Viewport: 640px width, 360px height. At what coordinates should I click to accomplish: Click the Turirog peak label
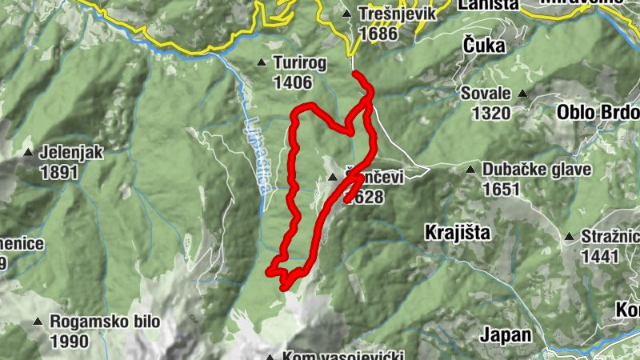(300, 62)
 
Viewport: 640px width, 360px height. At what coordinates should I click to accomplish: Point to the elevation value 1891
(62, 172)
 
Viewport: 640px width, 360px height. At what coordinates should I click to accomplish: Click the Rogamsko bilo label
(104, 322)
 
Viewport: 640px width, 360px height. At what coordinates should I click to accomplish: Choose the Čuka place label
(484, 46)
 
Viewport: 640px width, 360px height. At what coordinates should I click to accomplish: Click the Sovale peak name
(486, 94)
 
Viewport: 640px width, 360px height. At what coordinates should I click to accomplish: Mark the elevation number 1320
(491, 112)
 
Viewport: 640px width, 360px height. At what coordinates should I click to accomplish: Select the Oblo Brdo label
(597, 111)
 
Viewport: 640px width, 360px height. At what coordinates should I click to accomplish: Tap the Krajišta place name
(456, 232)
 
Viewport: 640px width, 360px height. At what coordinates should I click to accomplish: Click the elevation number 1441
(601, 256)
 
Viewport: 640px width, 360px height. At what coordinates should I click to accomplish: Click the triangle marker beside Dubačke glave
(471, 170)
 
